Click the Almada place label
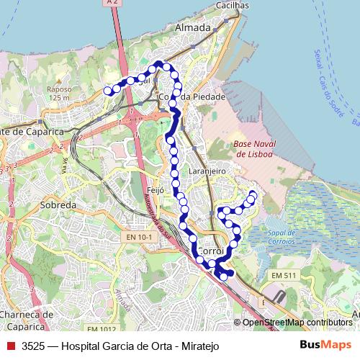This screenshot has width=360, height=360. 193,28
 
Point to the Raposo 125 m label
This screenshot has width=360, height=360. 58,94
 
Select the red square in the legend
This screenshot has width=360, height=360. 10,346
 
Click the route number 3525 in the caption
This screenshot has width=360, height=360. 33,346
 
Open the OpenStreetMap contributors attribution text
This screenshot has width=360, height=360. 297,323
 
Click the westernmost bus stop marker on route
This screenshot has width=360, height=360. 108,91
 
